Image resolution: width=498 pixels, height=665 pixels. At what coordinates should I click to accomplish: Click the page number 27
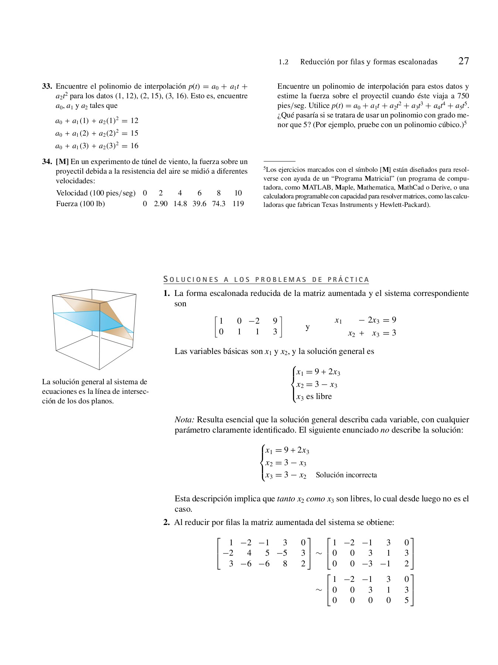463,61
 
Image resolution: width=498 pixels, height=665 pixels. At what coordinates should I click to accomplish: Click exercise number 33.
47,86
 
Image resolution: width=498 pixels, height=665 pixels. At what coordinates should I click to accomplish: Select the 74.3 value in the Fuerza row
218,204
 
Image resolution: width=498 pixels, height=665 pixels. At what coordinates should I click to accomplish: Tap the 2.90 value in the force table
161,204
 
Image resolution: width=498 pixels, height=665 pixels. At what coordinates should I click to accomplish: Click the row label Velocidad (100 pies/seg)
96,193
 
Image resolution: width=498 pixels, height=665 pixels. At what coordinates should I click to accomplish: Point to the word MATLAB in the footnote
317,187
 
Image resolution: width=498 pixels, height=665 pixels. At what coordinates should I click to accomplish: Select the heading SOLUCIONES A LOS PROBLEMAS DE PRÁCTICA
266,280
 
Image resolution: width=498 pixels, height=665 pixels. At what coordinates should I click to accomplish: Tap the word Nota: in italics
184,420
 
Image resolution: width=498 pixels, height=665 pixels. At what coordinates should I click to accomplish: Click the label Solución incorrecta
346,475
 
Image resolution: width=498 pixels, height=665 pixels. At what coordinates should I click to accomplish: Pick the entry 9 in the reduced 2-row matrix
275,321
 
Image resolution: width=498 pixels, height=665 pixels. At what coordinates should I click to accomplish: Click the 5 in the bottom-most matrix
406,600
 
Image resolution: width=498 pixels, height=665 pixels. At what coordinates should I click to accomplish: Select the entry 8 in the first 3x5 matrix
285,564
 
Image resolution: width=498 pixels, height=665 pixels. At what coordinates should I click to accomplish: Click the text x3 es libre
314,396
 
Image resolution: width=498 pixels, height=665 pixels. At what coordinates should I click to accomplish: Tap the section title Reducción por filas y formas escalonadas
368,62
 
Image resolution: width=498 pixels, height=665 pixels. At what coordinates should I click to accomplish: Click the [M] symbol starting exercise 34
62,162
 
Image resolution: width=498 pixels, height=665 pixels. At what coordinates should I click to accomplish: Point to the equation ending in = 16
97,146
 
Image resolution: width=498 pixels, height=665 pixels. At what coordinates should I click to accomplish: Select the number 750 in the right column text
463,96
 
